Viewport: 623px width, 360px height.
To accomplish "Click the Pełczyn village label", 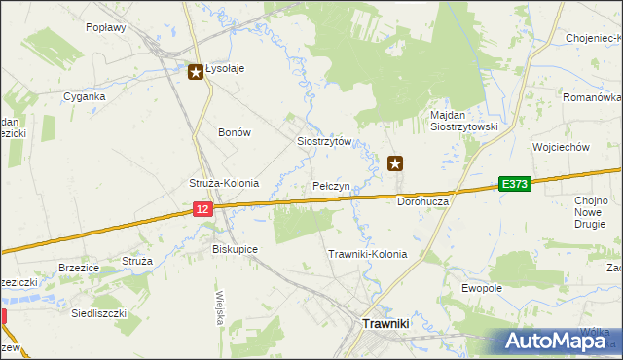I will point(332,185).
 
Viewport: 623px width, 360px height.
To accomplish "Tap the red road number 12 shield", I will point(202,209).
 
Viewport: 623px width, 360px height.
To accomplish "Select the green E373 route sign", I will point(515,184).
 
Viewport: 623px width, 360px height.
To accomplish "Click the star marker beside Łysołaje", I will point(196,71).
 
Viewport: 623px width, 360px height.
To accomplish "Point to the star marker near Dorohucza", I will point(395,163).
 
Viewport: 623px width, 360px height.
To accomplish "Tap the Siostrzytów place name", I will point(323,141).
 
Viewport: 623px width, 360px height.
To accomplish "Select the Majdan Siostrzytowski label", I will point(464,121).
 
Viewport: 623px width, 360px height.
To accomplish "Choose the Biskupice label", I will point(235,249).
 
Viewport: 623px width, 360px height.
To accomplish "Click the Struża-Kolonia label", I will point(223,183).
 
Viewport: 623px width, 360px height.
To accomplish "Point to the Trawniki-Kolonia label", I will point(367,254).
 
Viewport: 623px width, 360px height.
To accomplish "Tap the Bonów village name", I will point(235,132).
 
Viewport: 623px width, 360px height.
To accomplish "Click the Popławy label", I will point(106,28).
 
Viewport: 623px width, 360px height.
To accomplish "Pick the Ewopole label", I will point(482,288).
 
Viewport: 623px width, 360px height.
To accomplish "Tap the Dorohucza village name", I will point(422,201).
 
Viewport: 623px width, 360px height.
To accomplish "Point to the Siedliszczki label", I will point(92,314).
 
